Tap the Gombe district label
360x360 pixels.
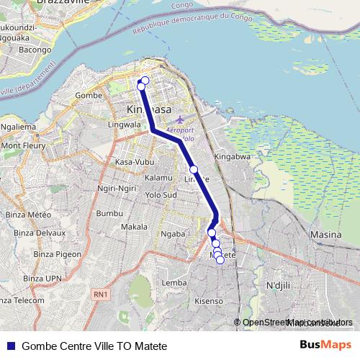(x=89, y=95)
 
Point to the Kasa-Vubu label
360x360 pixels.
(x=130, y=162)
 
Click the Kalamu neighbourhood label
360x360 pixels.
(x=158, y=177)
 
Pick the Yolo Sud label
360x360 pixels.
(x=161, y=194)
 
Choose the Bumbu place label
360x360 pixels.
(x=109, y=214)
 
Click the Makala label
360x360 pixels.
(x=134, y=227)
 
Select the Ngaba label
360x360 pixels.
(x=174, y=233)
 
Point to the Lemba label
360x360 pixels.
(x=174, y=283)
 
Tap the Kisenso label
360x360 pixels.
(x=210, y=300)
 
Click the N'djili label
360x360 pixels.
(x=277, y=286)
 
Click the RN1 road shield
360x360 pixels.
(x=99, y=294)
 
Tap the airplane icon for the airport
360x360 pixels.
(x=179, y=118)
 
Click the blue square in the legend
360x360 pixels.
(x=11, y=346)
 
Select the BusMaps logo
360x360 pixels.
(x=325, y=346)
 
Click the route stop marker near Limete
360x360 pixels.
(x=194, y=169)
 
